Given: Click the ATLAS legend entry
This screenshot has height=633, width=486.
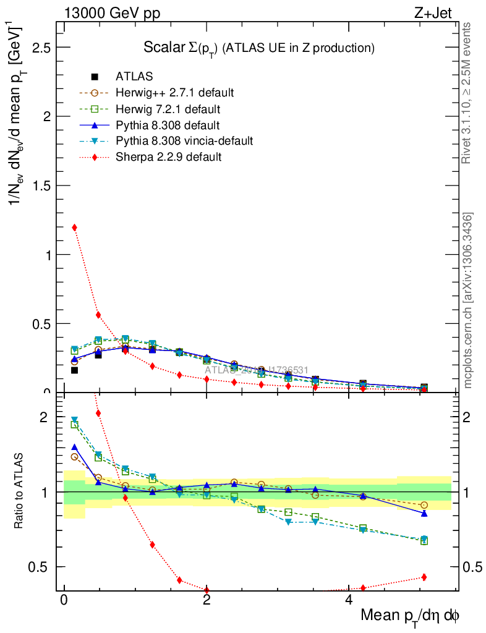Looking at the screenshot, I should click(x=134, y=77).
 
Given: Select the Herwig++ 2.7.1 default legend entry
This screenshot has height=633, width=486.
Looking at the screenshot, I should click(x=174, y=93).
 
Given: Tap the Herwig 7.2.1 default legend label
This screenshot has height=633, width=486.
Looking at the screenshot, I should click(x=168, y=109).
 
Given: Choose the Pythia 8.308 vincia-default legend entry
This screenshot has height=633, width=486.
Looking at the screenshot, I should click(x=184, y=141).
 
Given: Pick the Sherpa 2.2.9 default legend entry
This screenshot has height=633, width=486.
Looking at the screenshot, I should click(x=168, y=157).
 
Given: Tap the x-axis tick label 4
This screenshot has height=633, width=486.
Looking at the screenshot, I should click(x=349, y=601).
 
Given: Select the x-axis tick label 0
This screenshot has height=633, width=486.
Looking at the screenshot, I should click(x=64, y=601).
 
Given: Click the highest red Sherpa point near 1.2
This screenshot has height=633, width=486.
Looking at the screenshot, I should click(x=75, y=227).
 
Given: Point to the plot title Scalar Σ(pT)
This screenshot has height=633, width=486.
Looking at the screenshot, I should click(x=259, y=48).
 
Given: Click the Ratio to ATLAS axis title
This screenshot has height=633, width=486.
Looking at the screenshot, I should click(x=20, y=491).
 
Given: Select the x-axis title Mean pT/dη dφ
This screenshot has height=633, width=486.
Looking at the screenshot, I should click(x=409, y=616).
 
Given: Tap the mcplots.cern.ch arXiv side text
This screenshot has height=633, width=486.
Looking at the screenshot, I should click(x=468, y=300).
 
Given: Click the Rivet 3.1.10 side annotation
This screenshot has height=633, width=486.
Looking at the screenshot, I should click(x=468, y=93).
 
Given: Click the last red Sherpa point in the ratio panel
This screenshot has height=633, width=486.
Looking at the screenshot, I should click(x=424, y=577).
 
